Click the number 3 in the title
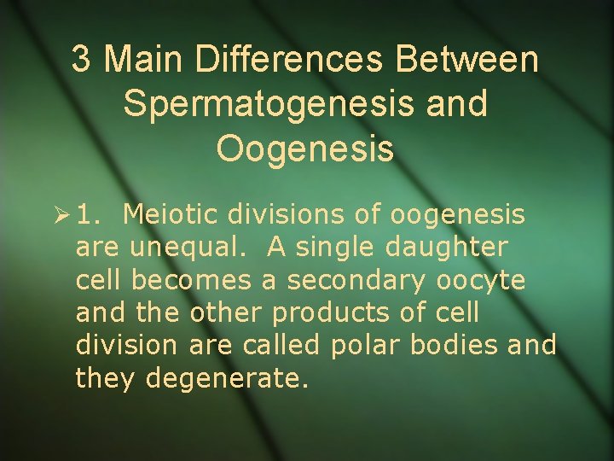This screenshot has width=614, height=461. point(81,60)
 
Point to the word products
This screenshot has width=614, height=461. point(334,312)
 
